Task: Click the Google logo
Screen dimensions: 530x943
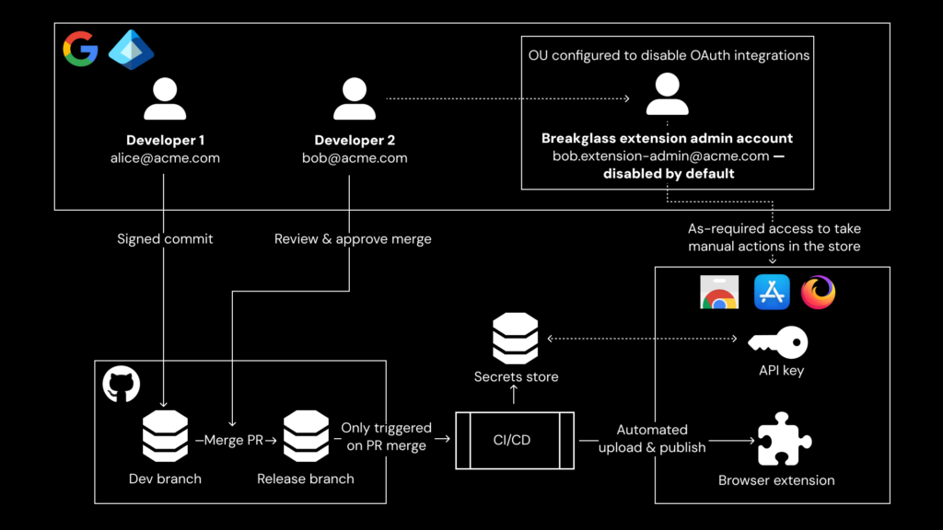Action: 80,49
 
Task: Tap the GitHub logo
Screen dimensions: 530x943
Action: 122,385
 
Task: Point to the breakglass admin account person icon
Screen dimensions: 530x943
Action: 667,94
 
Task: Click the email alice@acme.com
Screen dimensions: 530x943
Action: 165,158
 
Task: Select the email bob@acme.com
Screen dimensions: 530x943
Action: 355,158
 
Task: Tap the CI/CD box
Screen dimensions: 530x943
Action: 515,440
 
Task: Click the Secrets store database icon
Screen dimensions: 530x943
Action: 516,338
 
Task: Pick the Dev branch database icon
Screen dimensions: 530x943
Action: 166,436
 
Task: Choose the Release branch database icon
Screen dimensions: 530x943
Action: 306,436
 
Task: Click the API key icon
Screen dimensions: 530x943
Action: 778,343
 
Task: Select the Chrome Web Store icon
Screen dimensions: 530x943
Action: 718,293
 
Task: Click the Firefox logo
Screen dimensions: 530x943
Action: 818,293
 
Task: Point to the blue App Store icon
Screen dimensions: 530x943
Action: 772,293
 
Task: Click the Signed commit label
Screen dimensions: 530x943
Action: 165,239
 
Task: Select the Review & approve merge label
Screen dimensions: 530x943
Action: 353,239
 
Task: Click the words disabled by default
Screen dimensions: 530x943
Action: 669,174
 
